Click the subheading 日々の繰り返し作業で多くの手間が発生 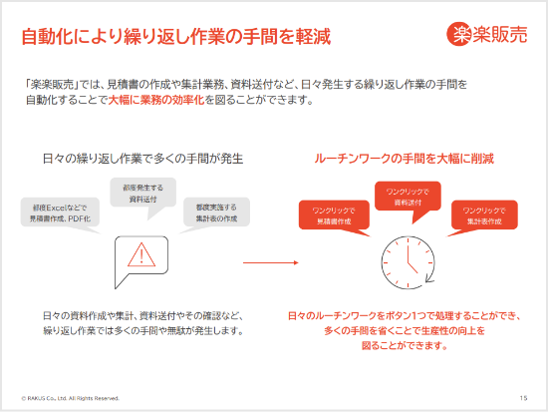[x=143, y=159]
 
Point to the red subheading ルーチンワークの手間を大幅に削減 [x=404, y=159]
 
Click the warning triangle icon [x=141, y=255]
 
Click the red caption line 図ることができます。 [x=404, y=346]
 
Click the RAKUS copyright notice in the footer [x=71, y=397]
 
